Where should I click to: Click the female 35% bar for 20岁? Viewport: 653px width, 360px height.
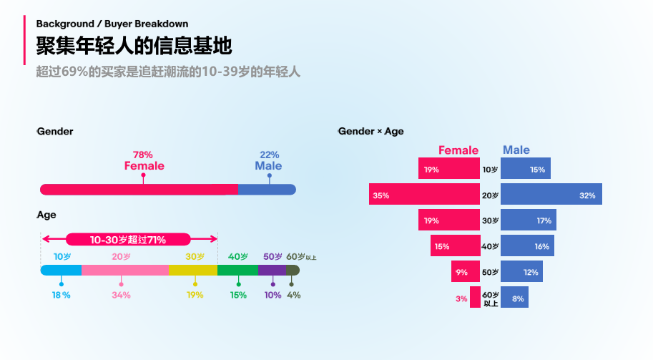click(424, 195)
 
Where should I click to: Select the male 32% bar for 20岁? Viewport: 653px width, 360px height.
click(551, 195)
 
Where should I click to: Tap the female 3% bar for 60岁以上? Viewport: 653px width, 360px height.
click(475, 297)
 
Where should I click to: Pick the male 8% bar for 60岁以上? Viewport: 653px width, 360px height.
click(514, 297)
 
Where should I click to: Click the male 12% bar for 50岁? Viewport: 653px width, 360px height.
click(521, 271)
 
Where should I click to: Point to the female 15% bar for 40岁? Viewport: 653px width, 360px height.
click(455, 245)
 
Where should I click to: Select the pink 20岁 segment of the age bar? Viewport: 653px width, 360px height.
click(124, 270)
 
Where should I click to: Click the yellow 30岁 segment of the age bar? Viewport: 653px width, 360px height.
click(192, 270)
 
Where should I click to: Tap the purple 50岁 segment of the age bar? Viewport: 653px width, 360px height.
click(271, 270)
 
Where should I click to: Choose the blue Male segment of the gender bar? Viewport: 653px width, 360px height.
click(266, 190)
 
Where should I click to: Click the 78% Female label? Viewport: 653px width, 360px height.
click(144, 161)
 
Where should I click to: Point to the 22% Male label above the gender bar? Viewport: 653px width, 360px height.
click(268, 161)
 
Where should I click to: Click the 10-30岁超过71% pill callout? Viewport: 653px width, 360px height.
click(128, 240)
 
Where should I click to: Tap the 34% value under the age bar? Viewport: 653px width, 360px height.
click(121, 295)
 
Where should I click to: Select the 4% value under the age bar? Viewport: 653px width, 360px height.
click(293, 295)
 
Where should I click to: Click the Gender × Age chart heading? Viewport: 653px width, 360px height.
click(370, 132)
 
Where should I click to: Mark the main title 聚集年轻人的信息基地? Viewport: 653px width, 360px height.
click(134, 46)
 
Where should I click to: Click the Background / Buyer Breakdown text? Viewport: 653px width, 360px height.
click(112, 24)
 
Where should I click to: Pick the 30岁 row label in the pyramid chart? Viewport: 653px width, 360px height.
click(490, 220)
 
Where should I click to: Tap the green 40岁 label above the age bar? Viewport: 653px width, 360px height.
click(237, 256)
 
